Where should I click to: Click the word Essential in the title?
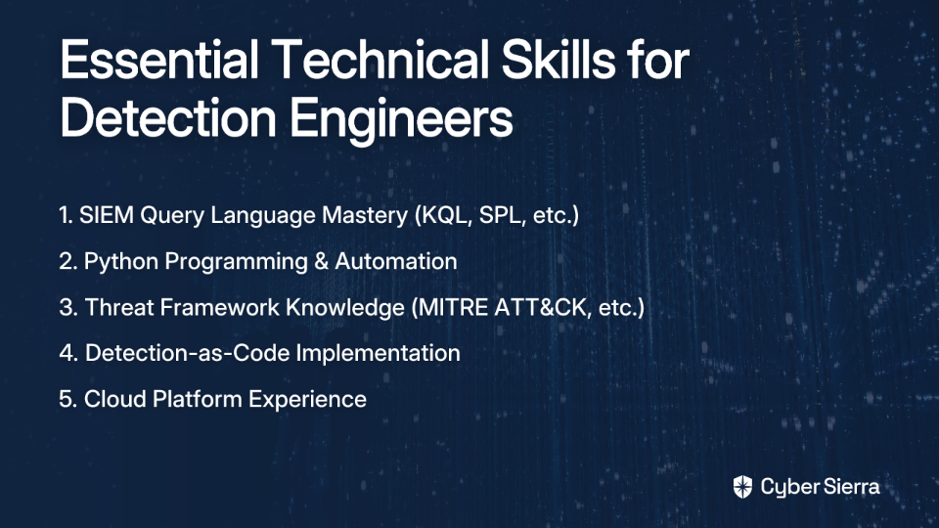(159, 60)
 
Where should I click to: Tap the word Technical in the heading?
(380, 60)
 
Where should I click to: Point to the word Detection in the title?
(168, 118)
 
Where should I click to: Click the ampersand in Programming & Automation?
(321, 262)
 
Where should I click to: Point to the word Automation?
(396, 261)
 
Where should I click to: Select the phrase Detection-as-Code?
(188, 353)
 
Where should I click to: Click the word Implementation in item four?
(378, 354)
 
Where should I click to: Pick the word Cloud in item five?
(115, 399)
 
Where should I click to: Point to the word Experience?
(307, 400)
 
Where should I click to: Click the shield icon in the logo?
(742, 487)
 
